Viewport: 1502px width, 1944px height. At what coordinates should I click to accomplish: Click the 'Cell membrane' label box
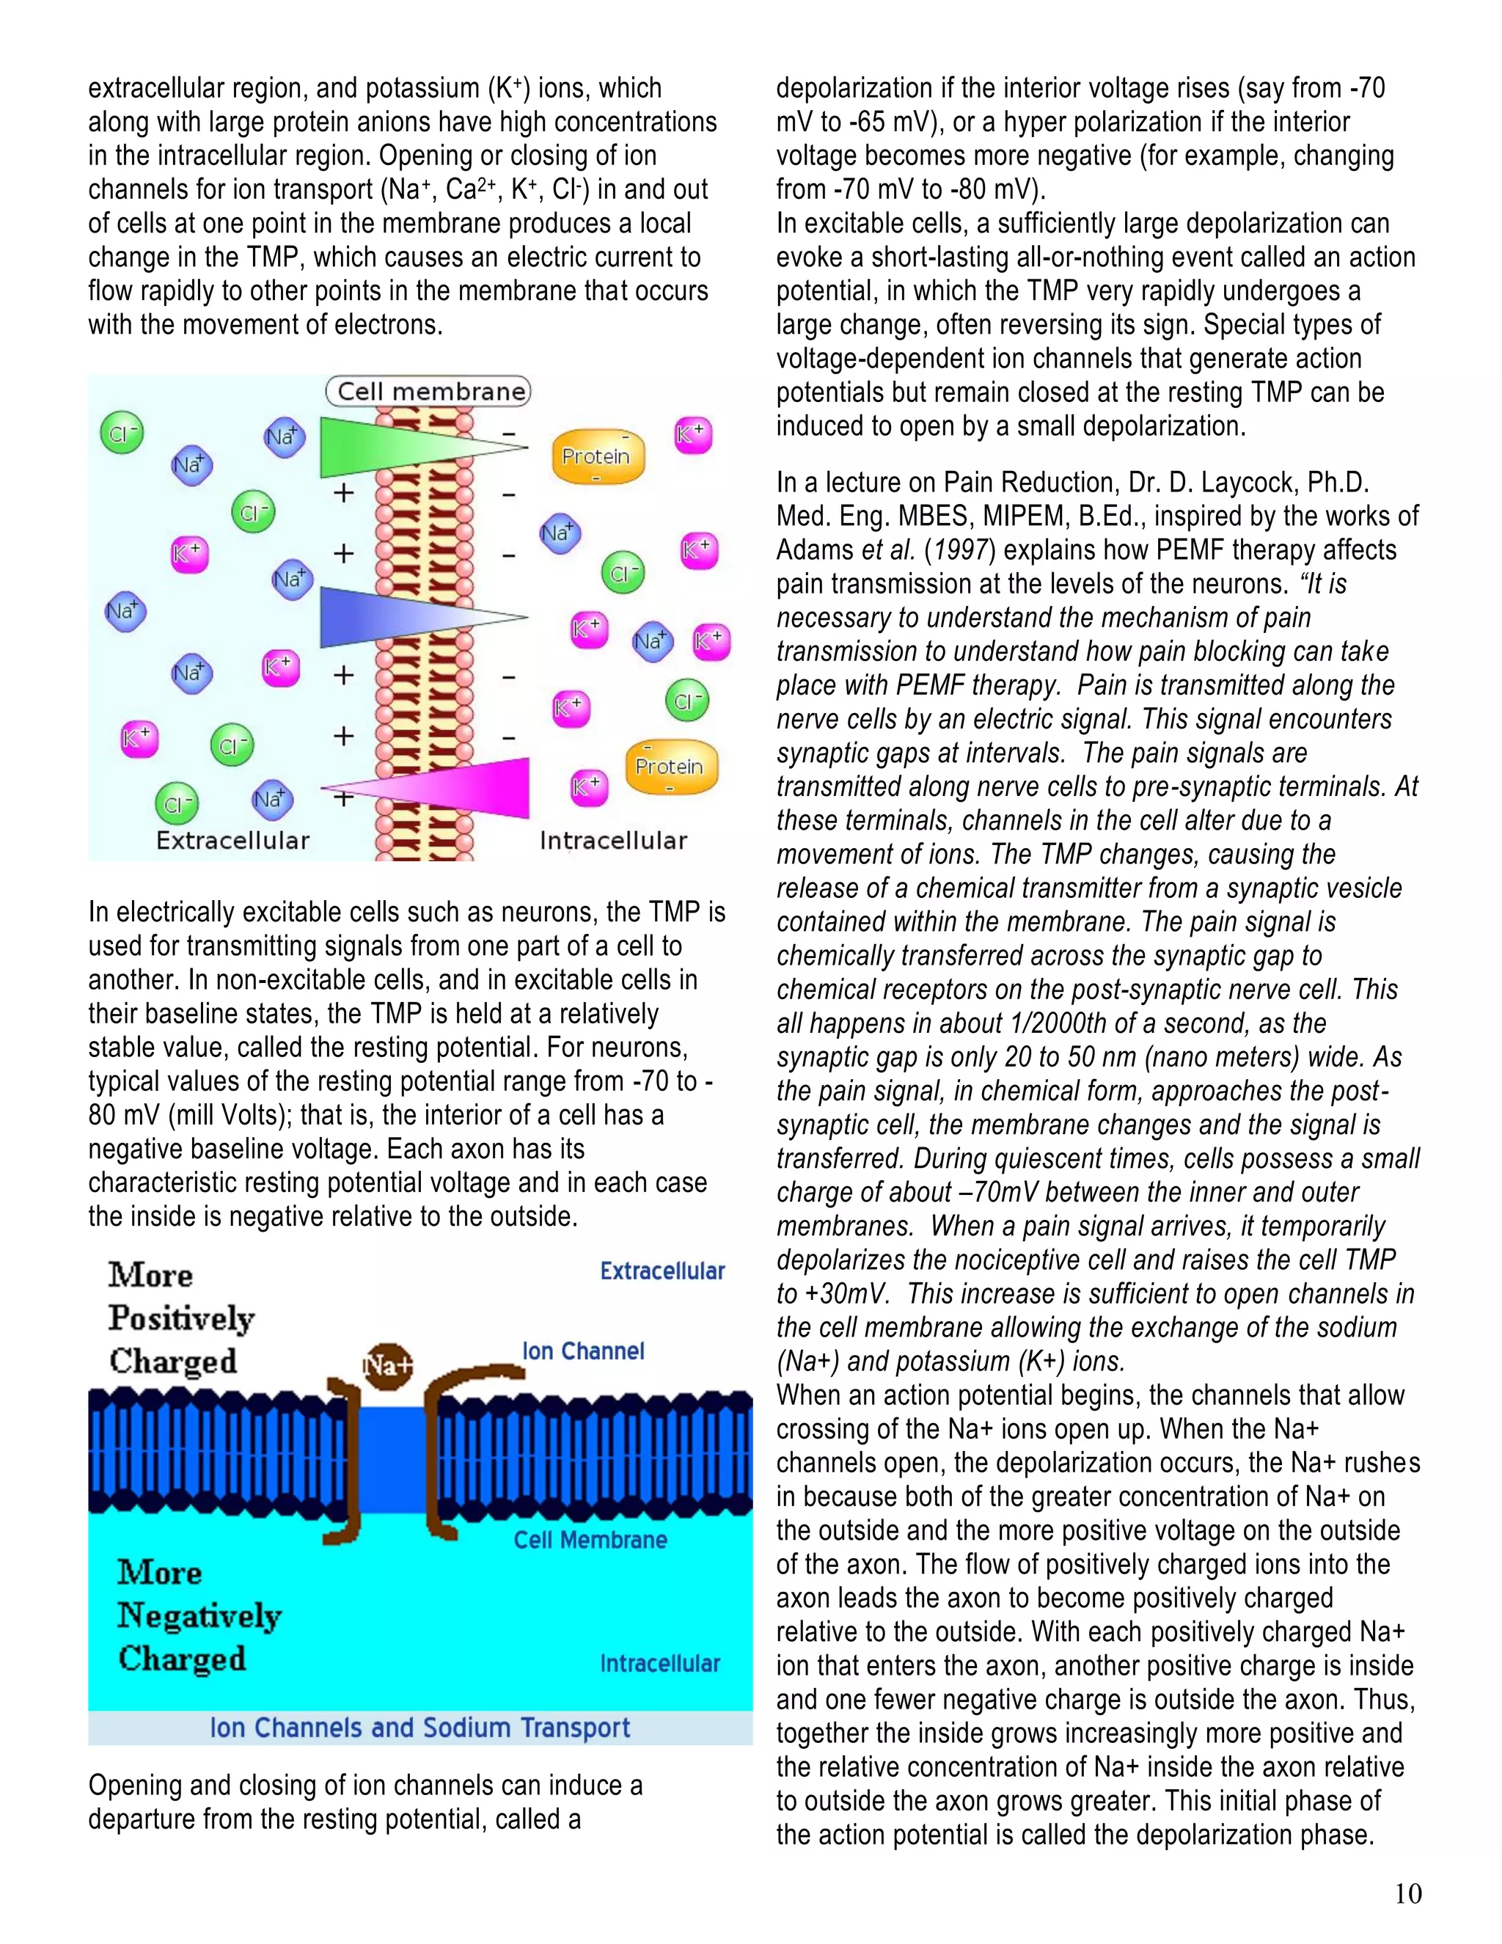point(428,392)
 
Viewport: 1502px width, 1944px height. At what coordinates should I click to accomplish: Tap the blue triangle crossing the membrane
point(383,616)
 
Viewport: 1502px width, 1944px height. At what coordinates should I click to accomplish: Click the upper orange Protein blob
point(597,456)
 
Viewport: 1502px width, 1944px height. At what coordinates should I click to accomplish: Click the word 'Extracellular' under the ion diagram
point(232,840)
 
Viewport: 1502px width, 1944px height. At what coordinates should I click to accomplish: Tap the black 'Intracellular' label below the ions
point(613,840)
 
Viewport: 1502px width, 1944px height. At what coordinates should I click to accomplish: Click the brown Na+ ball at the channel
point(388,1364)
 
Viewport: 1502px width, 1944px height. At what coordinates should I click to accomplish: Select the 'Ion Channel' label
point(583,1351)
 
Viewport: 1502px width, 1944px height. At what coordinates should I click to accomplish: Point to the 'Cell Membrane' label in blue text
point(590,1540)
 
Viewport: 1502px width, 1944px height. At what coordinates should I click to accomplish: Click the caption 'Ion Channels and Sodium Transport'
point(419,1728)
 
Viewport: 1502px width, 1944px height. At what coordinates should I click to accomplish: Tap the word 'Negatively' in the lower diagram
point(199,1615)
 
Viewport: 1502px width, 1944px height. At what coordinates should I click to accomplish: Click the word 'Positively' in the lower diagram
point(182,1318)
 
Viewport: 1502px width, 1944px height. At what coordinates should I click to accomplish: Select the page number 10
point(1407,1893)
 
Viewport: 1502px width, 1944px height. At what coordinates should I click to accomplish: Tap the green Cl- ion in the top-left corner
point(122,434)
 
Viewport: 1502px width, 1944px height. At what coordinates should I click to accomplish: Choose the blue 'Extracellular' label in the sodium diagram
point(662,1271)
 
